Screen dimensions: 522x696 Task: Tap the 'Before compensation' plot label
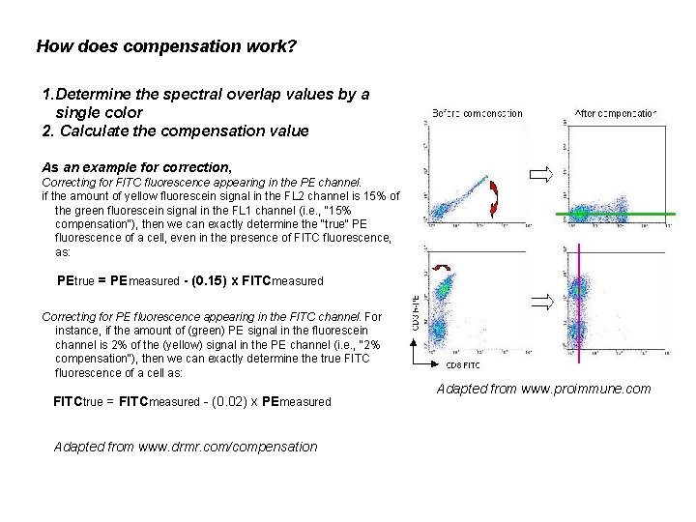(x=478, y=112)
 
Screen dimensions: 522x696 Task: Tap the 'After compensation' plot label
(x=616, y=112)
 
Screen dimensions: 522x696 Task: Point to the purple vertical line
(x=578, y=300)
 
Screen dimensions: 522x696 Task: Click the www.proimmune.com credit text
(x=544, y=389)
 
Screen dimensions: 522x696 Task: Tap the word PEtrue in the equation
(x=76, y=280)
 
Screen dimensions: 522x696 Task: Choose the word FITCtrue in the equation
(x=83, y=400)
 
